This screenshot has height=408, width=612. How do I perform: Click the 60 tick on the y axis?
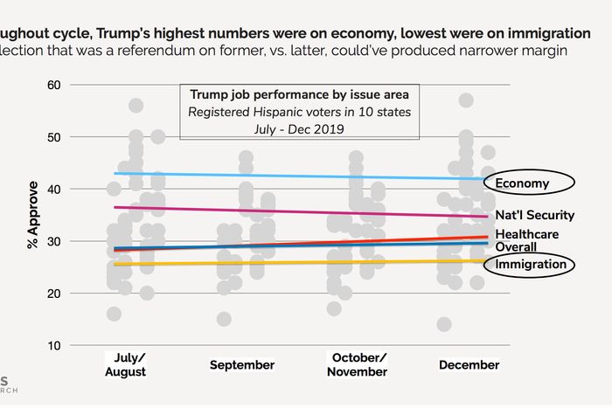click(54, 85)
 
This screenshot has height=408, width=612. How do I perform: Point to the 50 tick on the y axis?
click(54, 137)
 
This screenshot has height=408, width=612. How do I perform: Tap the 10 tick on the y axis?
click(54, 345)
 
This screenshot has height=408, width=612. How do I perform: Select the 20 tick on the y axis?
click(54, 294)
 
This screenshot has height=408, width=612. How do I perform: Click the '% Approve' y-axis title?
click(33, 215)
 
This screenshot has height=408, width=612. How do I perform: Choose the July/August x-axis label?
click(125, 365)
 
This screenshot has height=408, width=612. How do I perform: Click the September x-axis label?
click(242, 365)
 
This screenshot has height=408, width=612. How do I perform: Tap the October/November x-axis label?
click(358, 365)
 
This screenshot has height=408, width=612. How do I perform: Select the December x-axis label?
click(469, 365)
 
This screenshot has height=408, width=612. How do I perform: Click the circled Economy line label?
click(522, 183)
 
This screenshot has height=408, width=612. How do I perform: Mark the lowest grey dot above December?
click(445, 324)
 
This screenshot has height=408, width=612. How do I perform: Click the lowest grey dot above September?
click(225, 319)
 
